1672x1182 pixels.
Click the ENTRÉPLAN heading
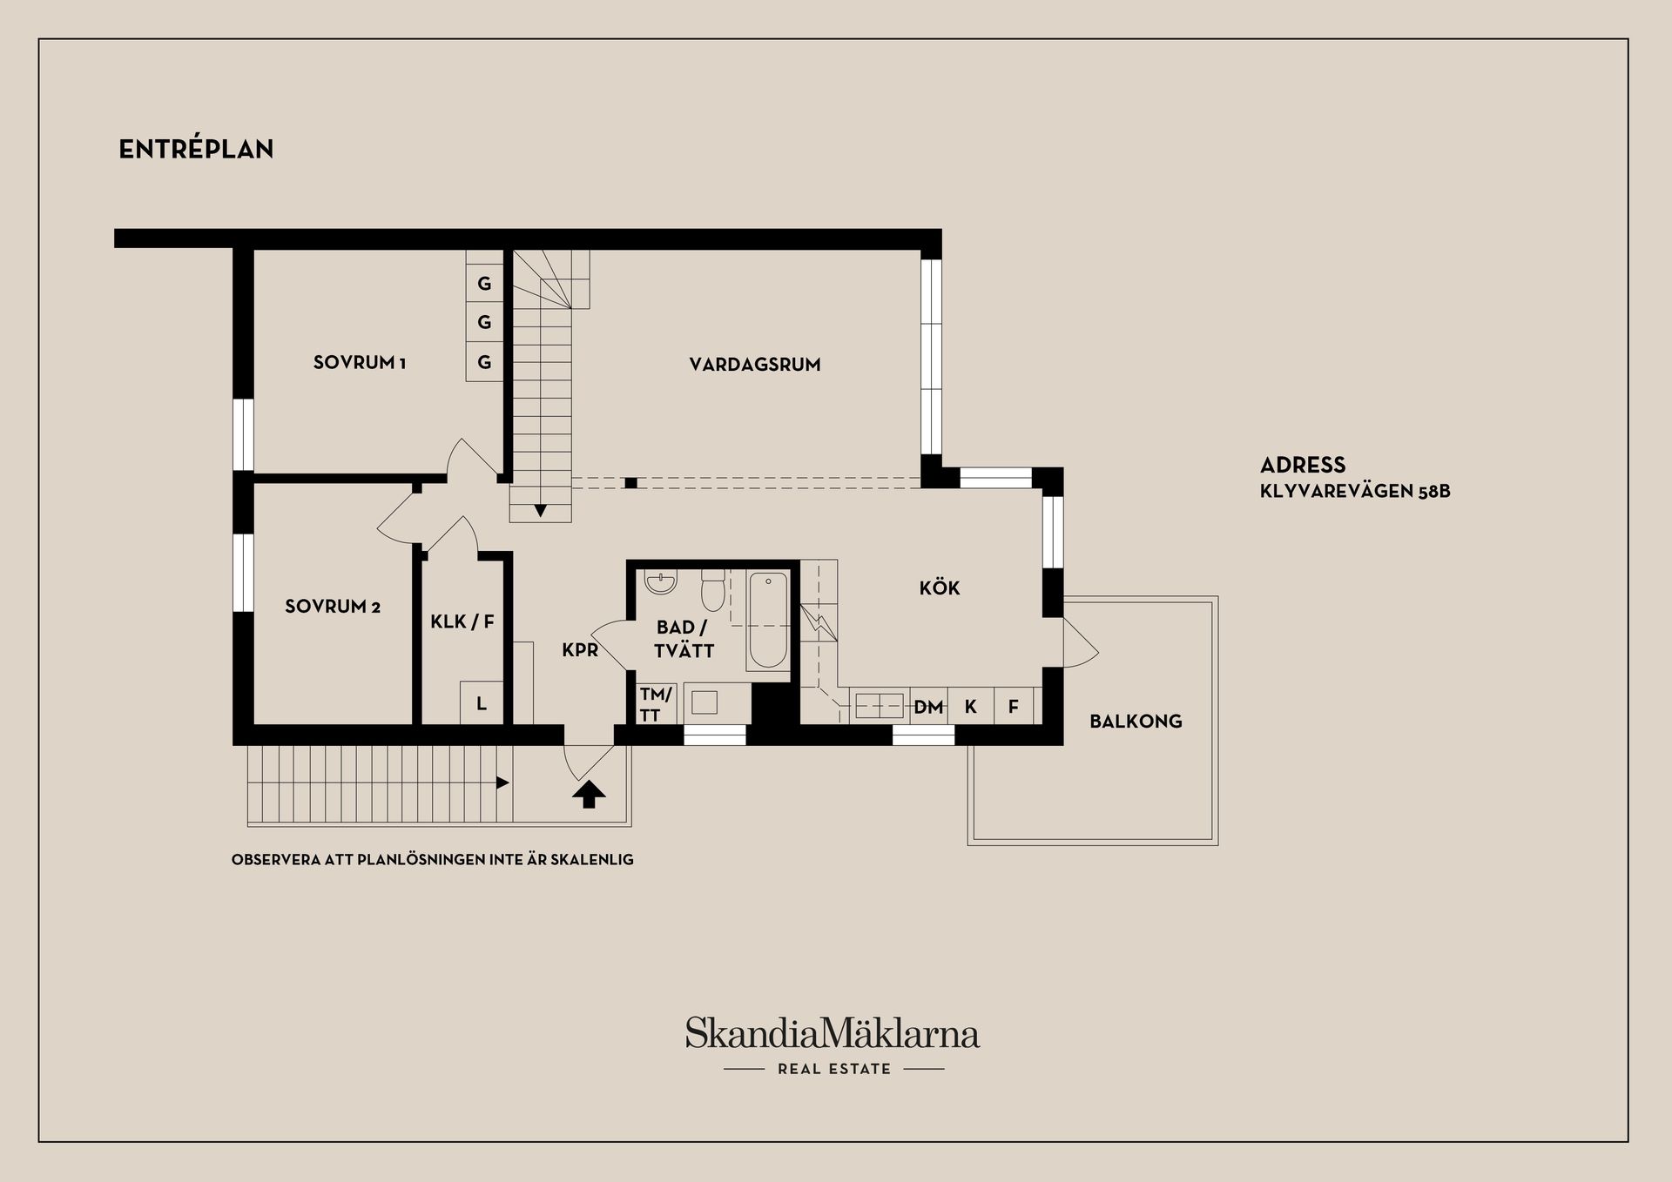tap(196, 150)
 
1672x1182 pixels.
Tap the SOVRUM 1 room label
tap(360, 362)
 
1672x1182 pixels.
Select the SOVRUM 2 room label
tap(333, 606)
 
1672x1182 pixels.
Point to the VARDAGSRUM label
tap(755, 365)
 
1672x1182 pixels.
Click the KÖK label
tap(940, 588)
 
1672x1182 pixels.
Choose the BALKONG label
tap(1136, 721)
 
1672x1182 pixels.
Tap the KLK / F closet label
tap(462, 621)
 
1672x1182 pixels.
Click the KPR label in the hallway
tap(580, 649)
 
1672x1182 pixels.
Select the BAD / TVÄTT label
tap(684, 639)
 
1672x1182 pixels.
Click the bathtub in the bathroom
tap(768, 620)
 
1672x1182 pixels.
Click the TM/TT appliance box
tap(655, 704)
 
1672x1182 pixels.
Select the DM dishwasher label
tap(928, 708)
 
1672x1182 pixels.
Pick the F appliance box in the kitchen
tap(1014, 707)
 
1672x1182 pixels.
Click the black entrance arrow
tap(590, 794)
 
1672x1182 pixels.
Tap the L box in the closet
tap(482, 703)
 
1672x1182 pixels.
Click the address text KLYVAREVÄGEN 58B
tap(1355, 492)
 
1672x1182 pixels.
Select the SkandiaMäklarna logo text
tap(833, 1034)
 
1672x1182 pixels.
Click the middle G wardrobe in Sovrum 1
tap(485, 323)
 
